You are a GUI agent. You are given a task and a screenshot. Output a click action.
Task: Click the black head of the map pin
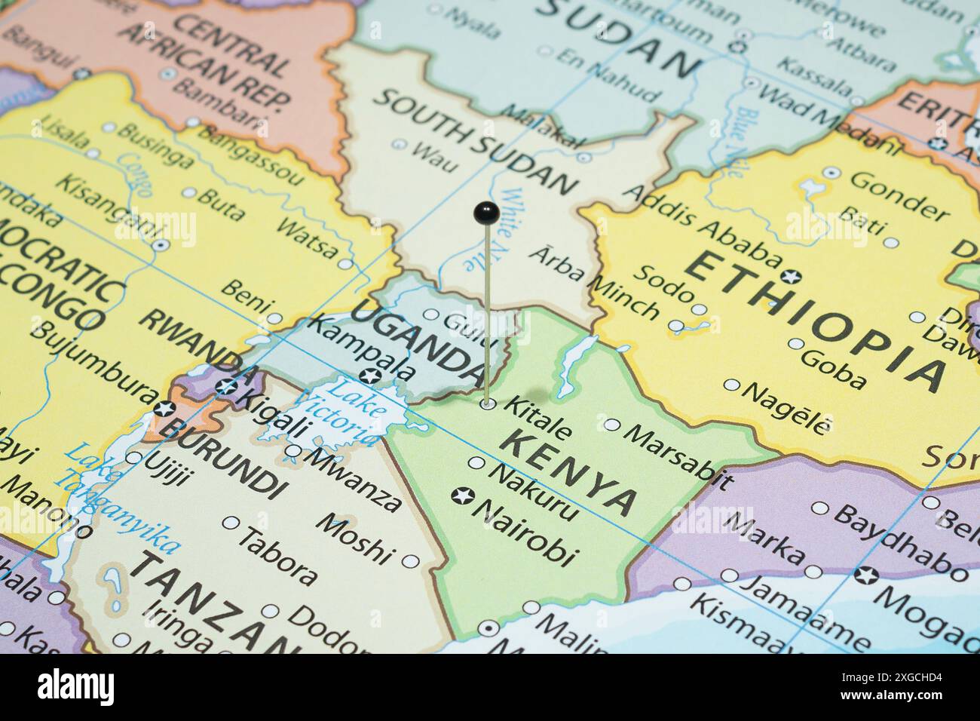coord(487,213)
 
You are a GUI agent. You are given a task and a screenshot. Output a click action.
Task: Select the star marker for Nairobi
coord(460,495)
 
